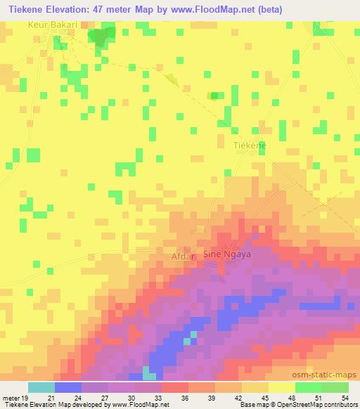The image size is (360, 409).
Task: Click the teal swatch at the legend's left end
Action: [41, 387]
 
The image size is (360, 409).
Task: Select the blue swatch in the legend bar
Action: [68, 387]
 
